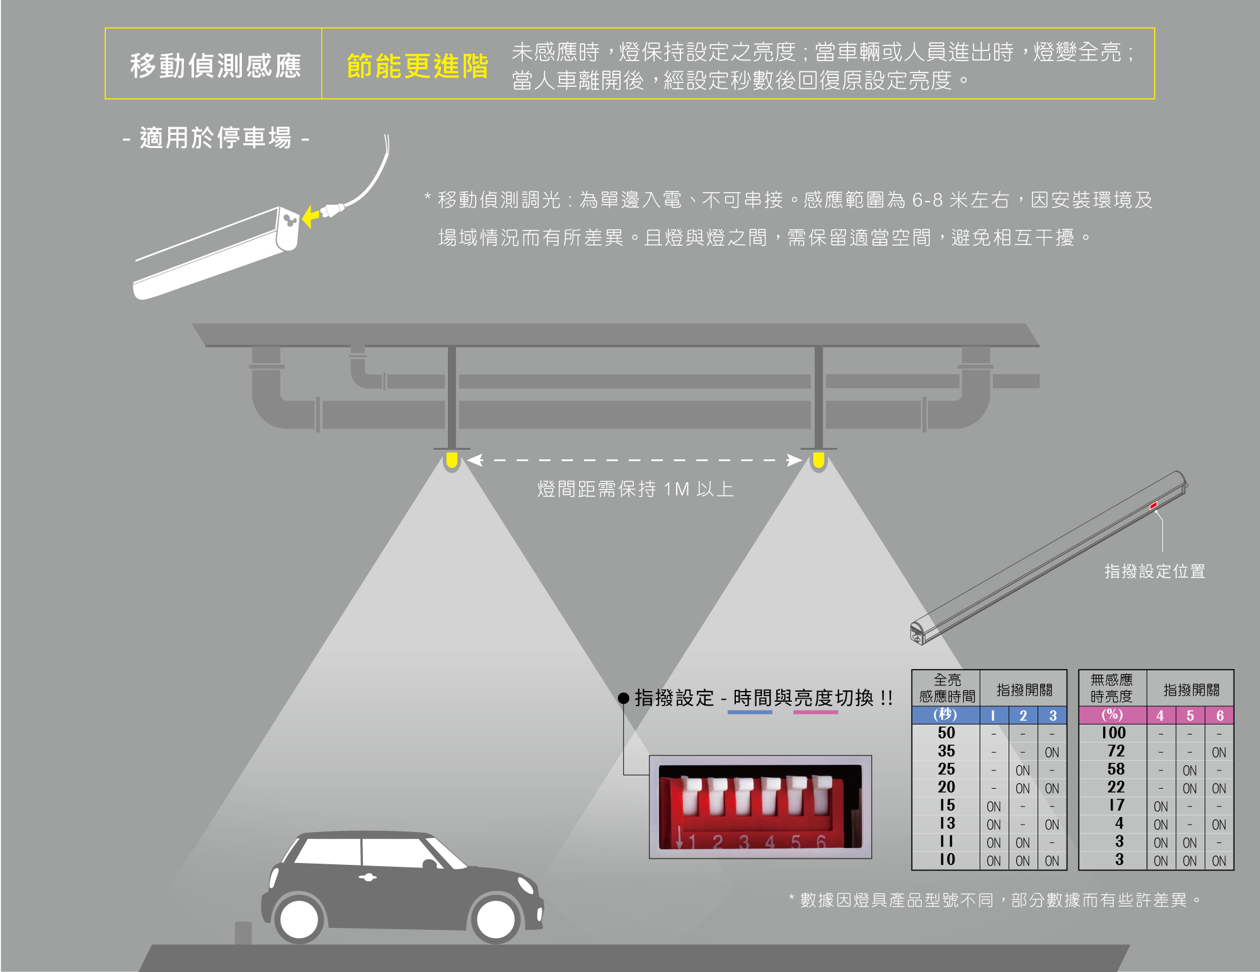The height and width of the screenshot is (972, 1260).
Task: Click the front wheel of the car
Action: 496,919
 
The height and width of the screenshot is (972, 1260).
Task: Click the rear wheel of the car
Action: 299,919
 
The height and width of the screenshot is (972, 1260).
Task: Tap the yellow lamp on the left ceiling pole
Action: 452,460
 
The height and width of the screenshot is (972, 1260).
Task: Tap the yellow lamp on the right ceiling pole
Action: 818,460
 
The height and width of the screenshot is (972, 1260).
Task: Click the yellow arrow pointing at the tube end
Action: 310,216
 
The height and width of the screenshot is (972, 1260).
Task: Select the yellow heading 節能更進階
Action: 417,66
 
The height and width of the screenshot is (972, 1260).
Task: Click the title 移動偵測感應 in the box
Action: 215,66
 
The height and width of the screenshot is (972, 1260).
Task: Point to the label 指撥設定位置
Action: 1155,571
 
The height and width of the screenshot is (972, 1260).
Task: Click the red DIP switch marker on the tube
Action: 1154,505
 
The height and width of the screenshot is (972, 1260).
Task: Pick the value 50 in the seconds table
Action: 946,733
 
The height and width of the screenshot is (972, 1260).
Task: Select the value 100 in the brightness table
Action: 1113,733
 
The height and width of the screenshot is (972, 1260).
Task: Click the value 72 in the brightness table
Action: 1116,752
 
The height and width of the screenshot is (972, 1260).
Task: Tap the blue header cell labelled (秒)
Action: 945,715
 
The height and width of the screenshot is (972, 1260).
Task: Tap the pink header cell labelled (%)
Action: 1112,715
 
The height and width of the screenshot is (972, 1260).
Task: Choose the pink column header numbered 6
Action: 1220,716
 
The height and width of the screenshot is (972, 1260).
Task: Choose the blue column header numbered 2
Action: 1023,716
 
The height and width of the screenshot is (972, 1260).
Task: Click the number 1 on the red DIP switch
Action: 692,842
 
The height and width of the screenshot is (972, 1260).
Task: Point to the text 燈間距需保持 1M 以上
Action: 635,489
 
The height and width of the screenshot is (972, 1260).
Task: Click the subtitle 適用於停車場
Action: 215,138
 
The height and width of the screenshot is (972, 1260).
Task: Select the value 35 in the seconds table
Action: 946,752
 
